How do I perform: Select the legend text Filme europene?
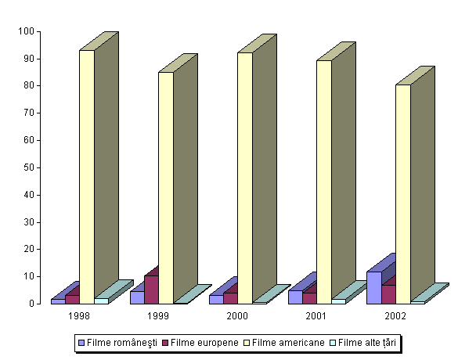pyautogui.click(x=204, y=343)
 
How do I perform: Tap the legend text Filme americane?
pyautogui.click(x=287, y=343)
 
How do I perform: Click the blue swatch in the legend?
pyautogui.click(x=81, y=343)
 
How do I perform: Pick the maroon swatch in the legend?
pyautogui.click(x=164, y=343)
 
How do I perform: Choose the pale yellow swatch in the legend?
pyautogui.click(x=246, y=343)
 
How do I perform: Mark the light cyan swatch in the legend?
pyautogui.click(x=332, y=343)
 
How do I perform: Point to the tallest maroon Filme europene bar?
pyautogui.click(x=151, y=289)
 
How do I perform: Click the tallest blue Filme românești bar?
pyautogui.click(x=374, y=287)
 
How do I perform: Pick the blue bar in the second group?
pyautogui.click(x=137, y=297)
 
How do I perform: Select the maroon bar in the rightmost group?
pyautogui.click(x=388, y=293)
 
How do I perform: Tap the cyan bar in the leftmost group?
pyautogui.click(x=101, y=301)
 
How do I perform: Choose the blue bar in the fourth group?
pyautogui.click(x=295, y=297)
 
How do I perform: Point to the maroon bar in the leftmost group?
pyautogui.click(x=72, y=299)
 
